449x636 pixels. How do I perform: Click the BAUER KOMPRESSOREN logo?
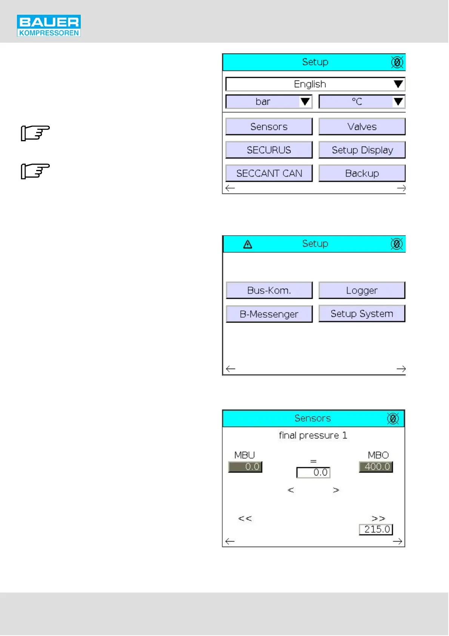(x=49, y=26)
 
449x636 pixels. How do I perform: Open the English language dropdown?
(x=315, y=84)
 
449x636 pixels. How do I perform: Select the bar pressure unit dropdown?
(x=269, y=102)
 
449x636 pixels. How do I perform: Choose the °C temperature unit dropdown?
(x=361, y=102)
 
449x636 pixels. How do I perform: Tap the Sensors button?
(x=269, y=127)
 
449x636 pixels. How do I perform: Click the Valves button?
(x=361, y=127)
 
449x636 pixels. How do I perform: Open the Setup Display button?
(x=361, y=150)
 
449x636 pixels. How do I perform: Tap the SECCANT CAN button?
(x=269, y=173)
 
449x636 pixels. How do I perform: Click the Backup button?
(x=361, y=173)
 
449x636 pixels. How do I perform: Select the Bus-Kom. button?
(x=269, y=290)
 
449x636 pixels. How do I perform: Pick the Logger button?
(x=361, y=290)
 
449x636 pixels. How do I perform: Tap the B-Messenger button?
(x=269, y=314)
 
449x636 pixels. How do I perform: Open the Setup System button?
(x=361, y=313)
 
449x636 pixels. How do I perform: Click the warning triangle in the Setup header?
(x=248, y=244)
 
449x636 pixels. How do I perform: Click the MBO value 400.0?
(x=376, y=467)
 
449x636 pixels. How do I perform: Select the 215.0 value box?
(x=376, y=529)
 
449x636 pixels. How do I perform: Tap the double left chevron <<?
(x=245, y=519)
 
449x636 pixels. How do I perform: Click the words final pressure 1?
(x=313, y=435)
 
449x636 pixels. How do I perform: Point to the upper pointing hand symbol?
(x=35, y=133)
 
